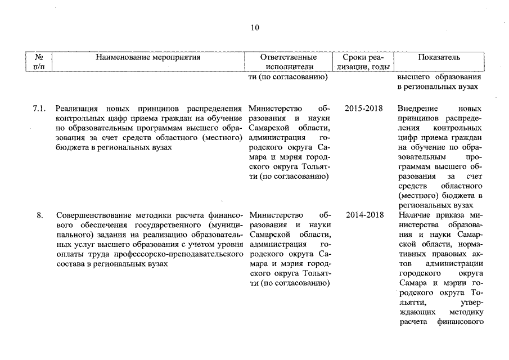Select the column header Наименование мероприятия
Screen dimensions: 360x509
(x=148, y=57)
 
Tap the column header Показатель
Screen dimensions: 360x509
(x=439, y=57)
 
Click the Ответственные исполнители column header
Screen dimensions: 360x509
(x=289, y=62)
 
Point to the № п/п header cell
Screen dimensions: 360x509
(x=39, y=62)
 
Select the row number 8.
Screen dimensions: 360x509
(x=40, y=215)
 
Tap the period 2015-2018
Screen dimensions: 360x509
(x=363, y=108)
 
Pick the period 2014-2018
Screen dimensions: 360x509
(x=363, y=215)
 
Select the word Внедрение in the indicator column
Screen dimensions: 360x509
(x=417, y=108)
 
